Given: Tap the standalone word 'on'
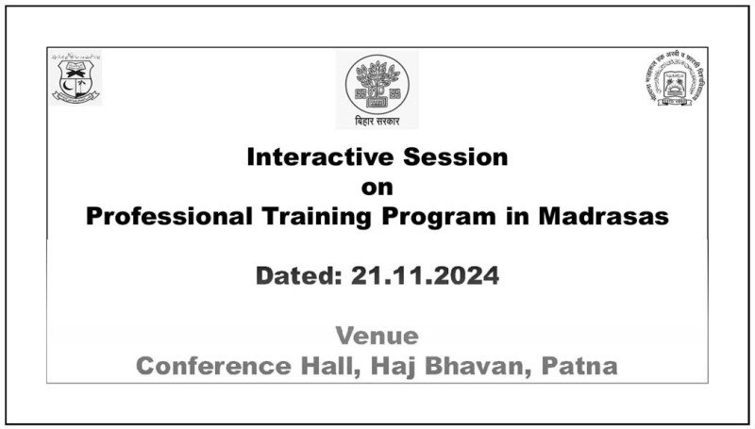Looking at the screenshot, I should click(377, 187).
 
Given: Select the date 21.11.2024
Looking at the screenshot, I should click(425, 277).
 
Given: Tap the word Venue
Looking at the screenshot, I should click(377, 337).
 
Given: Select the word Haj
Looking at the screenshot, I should click(403, 366).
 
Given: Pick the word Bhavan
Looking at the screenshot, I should click(484, 366).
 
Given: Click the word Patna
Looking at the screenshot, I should click(580, 366).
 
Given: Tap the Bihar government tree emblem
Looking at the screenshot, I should click(377, 83).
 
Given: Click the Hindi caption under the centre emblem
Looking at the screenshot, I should click(377, 122).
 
